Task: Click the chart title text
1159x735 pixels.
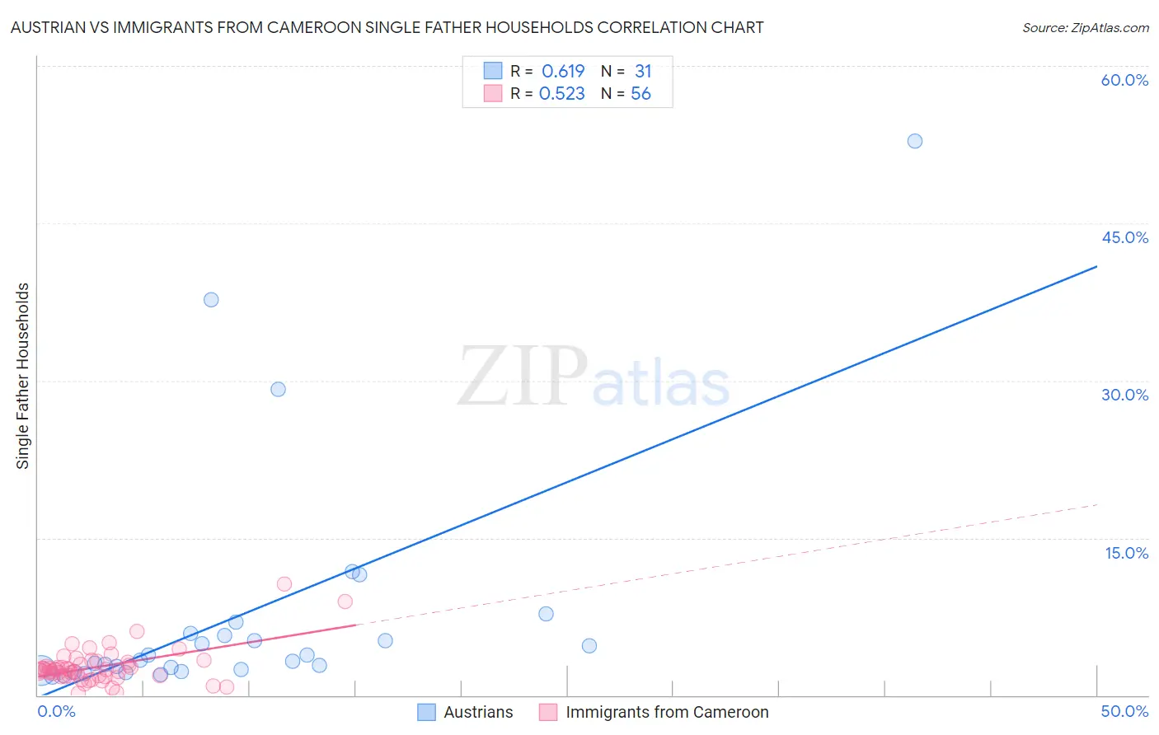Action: [x=387, y=27]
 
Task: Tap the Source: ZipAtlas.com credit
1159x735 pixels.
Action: [x=1085, y=27]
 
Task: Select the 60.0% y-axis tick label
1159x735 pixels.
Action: [x=1124, y=80]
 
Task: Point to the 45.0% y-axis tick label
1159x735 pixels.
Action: [x=1124, y=237]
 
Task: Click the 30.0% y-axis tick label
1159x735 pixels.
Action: [x=1124, y=395]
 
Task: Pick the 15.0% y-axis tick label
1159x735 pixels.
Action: [x=1126, y=553]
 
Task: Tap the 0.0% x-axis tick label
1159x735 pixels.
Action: [x=56, y=711]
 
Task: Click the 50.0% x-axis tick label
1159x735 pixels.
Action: [x=1124, y=711]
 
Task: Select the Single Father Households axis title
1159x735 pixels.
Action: [x=23, y=376]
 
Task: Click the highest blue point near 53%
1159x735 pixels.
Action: [x=915, y=141]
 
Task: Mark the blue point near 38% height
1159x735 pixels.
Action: [x=211, y=300]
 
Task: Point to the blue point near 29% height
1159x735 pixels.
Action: [x=279, y=389]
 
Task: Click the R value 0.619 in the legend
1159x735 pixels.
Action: [x=563, y=71]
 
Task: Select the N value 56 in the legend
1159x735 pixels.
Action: [x=640, y=94]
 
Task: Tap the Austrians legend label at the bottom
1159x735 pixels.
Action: [x=478, y=712]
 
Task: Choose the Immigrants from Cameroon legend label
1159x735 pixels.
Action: [x=667, y=712]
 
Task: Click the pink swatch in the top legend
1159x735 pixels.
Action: [x=493, y=93]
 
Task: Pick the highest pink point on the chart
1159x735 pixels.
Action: [x=284, y=584]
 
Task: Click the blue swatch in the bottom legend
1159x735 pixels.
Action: [x=426, y=712]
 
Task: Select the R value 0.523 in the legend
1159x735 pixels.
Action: [x=562, y=94]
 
